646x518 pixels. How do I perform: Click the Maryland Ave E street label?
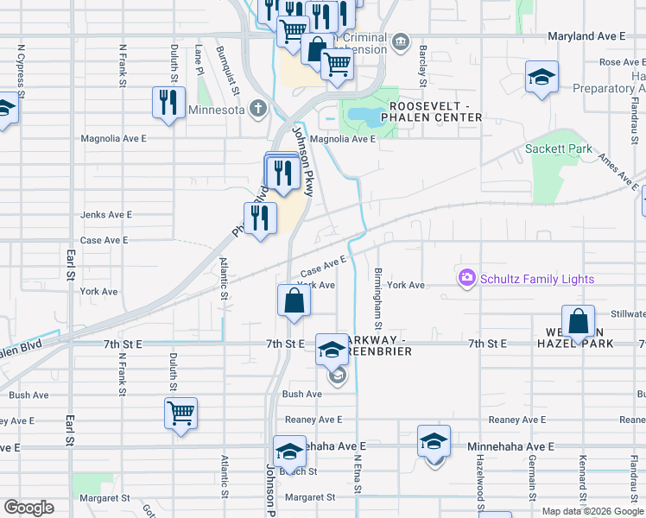point(586,36)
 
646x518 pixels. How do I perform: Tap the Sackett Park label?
point(558,148)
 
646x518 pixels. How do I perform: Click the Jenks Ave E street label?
point(105,214)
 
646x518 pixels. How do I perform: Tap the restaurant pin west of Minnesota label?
point(167,102)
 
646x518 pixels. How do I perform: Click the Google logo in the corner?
point(28,508)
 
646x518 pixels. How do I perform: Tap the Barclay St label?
point(423,66)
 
